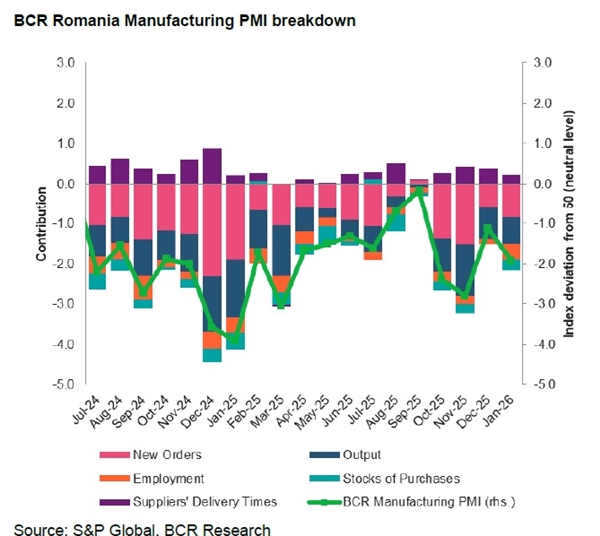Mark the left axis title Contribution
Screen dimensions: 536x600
[x=41, y=223]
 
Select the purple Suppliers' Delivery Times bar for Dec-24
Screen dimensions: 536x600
[x=212, y=166]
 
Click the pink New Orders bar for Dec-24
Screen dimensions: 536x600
[x=212, y=230]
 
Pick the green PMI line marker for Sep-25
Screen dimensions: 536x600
[x=418, y=191]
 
